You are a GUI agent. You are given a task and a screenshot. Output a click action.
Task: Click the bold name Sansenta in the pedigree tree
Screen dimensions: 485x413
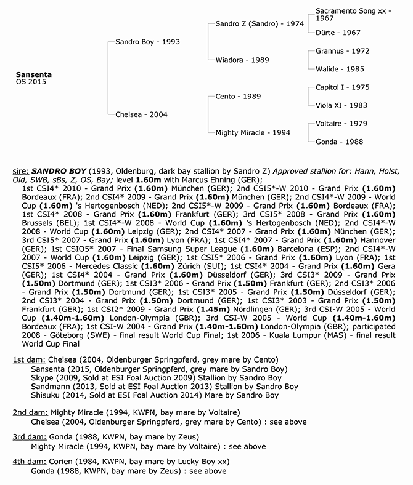pos(35,74)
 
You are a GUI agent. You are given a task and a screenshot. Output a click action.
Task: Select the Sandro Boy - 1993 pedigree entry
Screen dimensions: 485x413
pos(147,42)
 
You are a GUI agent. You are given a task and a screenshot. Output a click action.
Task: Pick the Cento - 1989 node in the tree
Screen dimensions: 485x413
pos(238,97)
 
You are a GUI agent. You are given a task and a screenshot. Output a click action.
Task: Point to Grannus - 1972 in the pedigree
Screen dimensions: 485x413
pos(342,52)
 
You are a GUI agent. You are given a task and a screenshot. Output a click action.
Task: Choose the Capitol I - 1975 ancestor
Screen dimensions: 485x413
pos(342,88)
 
